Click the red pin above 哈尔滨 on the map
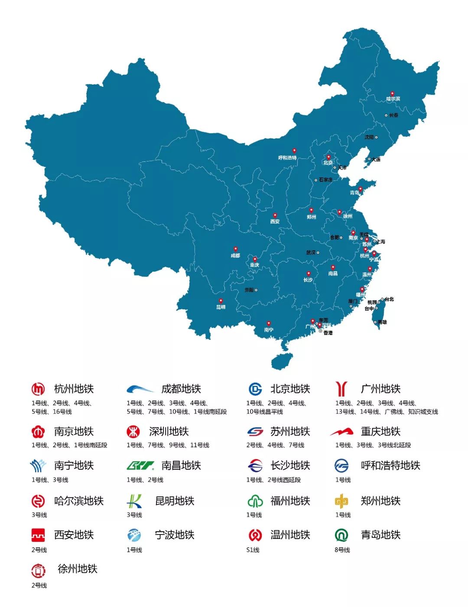[392, 93]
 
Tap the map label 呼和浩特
[287, 158]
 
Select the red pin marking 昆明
[221, 301]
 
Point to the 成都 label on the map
[235, 256]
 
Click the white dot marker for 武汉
[318, 253]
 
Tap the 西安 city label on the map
[275, 221]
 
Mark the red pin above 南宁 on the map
[269, 324]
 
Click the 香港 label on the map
[328, 333]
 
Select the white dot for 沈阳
[376, 137]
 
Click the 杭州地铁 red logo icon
[38, 389]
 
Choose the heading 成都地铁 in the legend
[181, 389]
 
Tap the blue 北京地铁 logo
[255, 389]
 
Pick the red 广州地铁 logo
[341, 389]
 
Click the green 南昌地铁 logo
[140, 466]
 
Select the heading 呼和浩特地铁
[390, 466]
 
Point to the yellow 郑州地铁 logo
[341, 501]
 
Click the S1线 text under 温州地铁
[253, 550]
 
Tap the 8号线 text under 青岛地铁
[342, 550]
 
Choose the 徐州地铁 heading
[78, 569]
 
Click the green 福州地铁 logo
[255, 501]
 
